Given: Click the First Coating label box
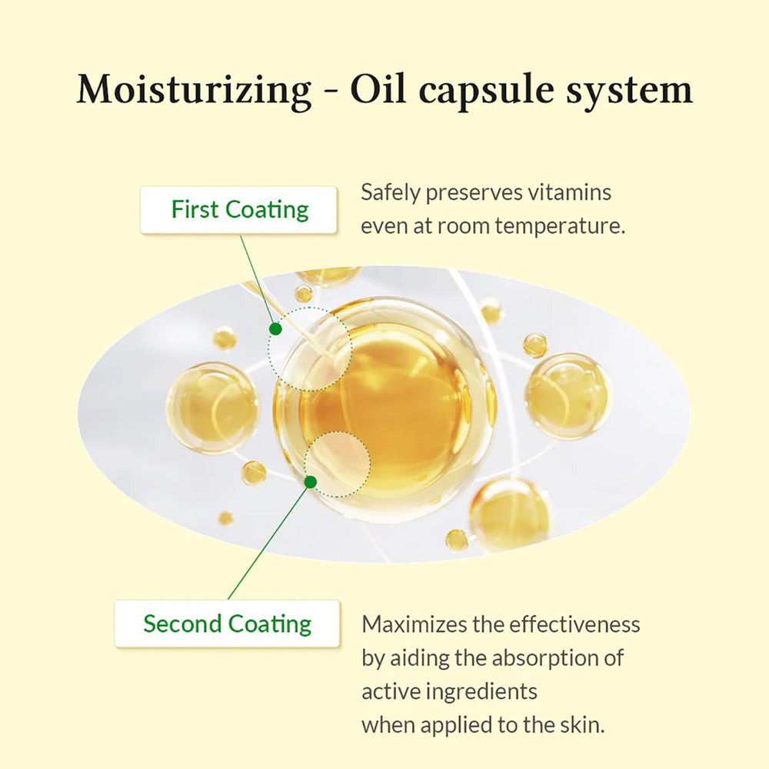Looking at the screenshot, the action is coord(238,210).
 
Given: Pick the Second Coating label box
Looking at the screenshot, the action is coord(227,624).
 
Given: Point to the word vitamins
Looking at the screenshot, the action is coord(569,192).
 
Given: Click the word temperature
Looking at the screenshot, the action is coord(560,227).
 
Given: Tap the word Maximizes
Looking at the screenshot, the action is coord(414,624).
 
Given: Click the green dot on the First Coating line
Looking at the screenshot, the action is coord(275,329).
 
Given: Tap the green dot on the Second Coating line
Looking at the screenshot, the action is coord(311,482).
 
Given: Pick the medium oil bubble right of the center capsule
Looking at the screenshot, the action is coord(569,396).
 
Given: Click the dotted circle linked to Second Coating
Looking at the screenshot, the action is coord(338,464).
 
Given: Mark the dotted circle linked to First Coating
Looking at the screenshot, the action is coord(310,349).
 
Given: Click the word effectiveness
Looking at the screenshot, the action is coord(574,624).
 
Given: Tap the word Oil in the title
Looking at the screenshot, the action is coord(378,90).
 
